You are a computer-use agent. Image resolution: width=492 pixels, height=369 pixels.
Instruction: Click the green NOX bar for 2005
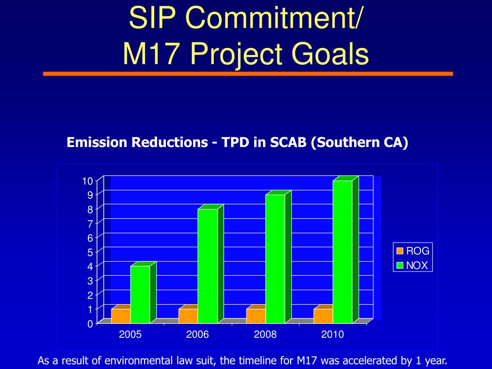point(140,294)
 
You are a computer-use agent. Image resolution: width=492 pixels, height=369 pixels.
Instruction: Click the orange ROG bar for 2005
point(121,316)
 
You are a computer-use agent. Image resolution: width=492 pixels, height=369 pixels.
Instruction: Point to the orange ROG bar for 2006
point(188,316)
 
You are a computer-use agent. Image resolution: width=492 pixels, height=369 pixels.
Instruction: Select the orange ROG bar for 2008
point(256,316)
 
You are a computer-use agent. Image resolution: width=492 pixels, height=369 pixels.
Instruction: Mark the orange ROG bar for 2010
point(323,316)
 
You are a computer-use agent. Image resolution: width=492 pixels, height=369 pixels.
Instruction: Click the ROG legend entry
point(413,251)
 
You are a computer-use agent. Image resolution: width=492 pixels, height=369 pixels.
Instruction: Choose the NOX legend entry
point(413,265)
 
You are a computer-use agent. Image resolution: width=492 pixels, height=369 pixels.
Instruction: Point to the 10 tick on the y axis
point(87,181)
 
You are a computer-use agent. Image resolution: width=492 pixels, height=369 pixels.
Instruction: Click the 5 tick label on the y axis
point(89,252)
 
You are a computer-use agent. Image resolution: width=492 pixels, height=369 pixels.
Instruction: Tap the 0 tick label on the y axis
point(89,324)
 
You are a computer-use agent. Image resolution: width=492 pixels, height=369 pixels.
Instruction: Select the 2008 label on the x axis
point(265,335)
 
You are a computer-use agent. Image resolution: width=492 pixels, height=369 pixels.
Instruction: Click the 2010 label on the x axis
point(332,335)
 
